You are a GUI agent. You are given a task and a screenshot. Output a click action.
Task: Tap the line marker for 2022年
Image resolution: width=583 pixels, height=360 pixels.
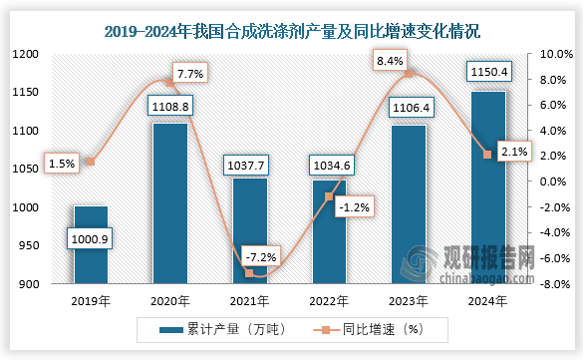pos(329,197)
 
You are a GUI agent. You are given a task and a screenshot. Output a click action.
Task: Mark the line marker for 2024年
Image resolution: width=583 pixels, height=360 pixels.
pos(487,155)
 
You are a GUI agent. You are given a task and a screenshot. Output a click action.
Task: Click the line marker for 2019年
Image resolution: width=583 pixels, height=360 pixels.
pos(92,162)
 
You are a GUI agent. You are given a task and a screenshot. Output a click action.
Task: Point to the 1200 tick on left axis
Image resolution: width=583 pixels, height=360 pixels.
pos(25,54)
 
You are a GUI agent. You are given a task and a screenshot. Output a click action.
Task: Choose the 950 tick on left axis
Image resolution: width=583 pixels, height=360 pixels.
pos(29,246)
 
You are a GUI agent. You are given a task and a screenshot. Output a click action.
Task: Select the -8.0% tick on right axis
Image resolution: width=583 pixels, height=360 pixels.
pos(554,284)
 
